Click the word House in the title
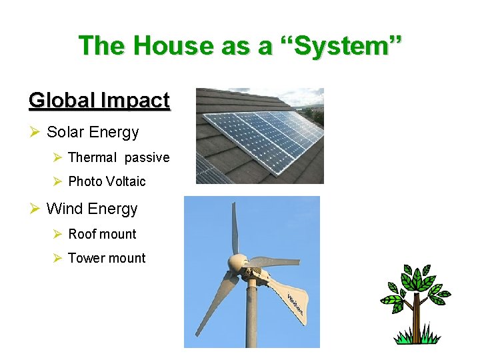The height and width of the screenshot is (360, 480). click(171, 46)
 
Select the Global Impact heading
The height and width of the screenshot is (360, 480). click(99, 101)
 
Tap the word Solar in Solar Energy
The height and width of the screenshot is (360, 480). click(65, 132)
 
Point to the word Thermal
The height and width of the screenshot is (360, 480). click(93, 158)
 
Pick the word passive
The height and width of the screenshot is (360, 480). click(147, 158)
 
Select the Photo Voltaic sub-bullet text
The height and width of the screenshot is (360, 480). click(107, 181)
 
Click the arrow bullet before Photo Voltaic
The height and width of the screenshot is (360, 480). click(57, 181)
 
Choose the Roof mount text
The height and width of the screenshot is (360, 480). click(102, 234)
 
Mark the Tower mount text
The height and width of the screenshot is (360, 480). click(107, 258)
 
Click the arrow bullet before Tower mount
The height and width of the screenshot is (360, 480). click(57, 258)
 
